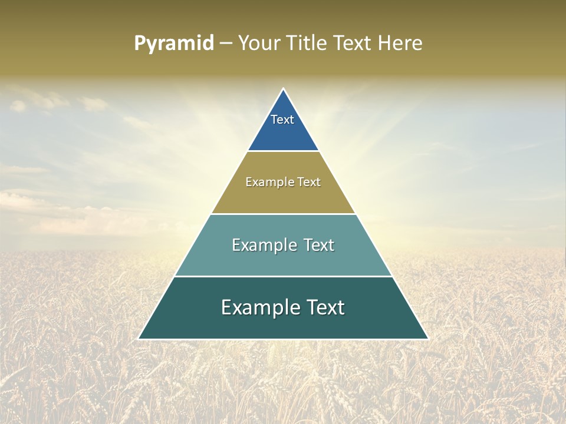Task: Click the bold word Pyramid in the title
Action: click(174, 44)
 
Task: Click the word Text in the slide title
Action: click(353, 44)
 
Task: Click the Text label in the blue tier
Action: click(282, 120)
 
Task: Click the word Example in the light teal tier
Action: click(262, 245)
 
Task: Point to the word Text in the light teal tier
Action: click(319, 245)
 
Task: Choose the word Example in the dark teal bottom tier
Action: click(257, 307)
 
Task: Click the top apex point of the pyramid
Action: click(283, 90)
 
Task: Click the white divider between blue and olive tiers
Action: click(283, 151)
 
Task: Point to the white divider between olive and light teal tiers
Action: click(283, 214)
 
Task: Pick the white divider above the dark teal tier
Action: click(283, 276)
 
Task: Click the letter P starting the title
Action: click(140, 44)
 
